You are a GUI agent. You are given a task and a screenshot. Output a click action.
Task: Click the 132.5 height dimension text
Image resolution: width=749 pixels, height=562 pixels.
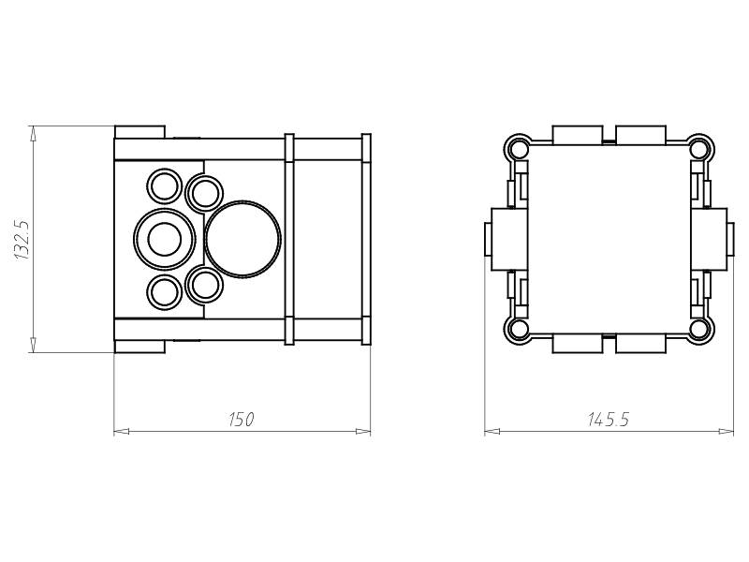click(22, 240)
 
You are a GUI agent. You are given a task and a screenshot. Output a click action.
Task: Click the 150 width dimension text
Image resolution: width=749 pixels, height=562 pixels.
click(242, 420)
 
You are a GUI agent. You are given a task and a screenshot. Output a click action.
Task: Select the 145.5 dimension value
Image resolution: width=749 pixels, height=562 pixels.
click(609, 420)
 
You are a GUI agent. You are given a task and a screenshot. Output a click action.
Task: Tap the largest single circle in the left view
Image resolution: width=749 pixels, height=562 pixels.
click(242, 239)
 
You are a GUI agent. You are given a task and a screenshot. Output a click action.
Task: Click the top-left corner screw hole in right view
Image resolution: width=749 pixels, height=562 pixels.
click(518, 150)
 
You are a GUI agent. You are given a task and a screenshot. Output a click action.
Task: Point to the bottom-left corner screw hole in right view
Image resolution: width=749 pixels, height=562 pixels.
click(518, 329)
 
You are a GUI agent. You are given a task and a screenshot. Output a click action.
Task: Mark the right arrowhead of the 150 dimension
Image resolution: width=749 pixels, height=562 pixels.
click(363, 432)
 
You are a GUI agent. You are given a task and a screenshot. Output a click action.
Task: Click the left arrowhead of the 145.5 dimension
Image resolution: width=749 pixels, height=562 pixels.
click(492, 432)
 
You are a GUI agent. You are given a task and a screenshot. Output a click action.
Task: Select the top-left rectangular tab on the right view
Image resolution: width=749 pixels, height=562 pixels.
click(577, 135)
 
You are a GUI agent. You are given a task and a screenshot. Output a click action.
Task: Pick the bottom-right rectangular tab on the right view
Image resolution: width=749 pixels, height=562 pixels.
click(640, 344)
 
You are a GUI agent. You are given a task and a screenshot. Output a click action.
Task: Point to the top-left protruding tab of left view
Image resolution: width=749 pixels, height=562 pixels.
click(140, 132)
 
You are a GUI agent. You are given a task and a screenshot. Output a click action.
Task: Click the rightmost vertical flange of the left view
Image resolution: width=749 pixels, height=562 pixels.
click(366, 239)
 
